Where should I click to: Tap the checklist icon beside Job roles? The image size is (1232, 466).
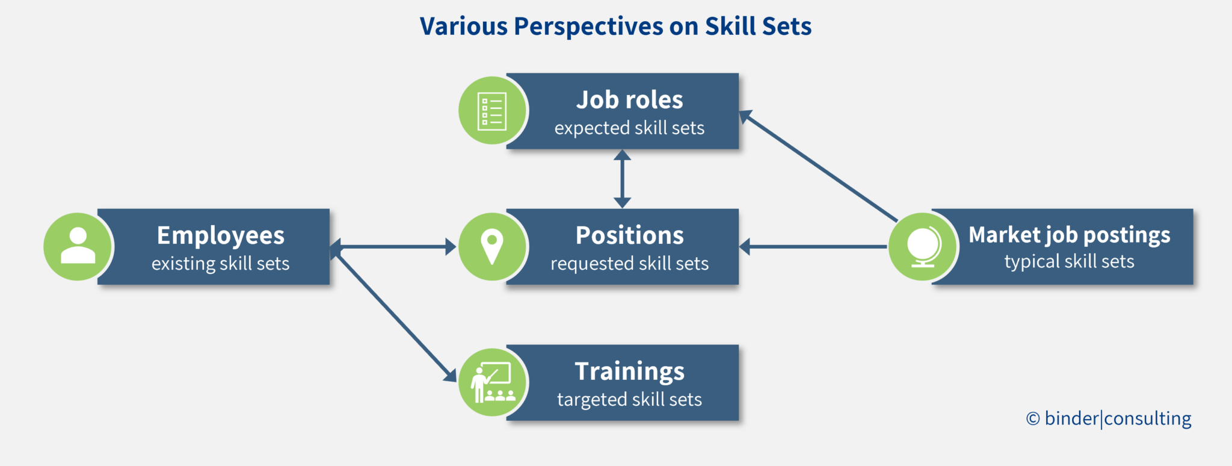pyautogui.click(x=492, y=111)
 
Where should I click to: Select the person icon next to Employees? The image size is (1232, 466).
pyautogui.click(x=78, y=246)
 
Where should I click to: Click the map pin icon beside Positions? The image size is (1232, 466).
pyautogui.click(x=492, y=246)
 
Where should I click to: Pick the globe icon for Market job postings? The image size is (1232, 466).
pyautogui.click(x=923, y=246)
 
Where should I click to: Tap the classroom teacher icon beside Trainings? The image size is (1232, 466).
pyautogui.click(x=492, y=382)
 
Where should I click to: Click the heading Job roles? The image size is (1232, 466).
pyautogui.click(x=629, y=100)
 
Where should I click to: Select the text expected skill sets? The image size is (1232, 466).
pyautogui.click(x=629, y=128)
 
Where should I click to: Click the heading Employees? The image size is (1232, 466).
pyautogui.click(x=220, y=235)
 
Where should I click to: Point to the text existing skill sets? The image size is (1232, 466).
pyautogui.click(x=220, y=264)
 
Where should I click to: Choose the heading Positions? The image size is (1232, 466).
pyautogui.click(x=629, y=235)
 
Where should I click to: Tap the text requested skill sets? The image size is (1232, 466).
pyautogui.click(x=629, y=264)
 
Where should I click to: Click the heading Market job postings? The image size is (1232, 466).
pyautogui.click(x=1069, y=235)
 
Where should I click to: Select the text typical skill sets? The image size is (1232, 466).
pyautogui.click(x=1069, y=262)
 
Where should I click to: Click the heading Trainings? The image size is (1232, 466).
pyautogui.click(x=629, y=371)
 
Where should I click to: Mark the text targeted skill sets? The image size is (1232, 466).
pyautogui.click(x=629, y=400)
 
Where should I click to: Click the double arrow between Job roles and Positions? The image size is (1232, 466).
pyautogui.click(x=622, y=179)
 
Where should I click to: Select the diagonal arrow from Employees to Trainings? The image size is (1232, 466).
pyautogui.click(x=394, y=315)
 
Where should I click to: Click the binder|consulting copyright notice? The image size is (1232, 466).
pyautogui.click(x=1109, y=418)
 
